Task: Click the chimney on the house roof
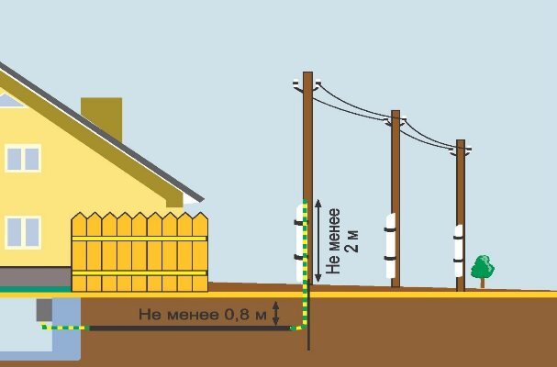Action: point(102,116)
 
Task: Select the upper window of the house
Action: point(23,158)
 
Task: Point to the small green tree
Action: point(482,270)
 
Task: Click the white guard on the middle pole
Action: point(392,244)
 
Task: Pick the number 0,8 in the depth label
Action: point(236,316)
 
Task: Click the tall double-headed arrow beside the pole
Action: point(317,240)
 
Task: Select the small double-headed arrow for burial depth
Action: point(276,315)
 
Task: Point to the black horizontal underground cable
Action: point(184,328)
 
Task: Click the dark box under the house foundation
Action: point(43,311)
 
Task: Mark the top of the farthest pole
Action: point(461,145)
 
